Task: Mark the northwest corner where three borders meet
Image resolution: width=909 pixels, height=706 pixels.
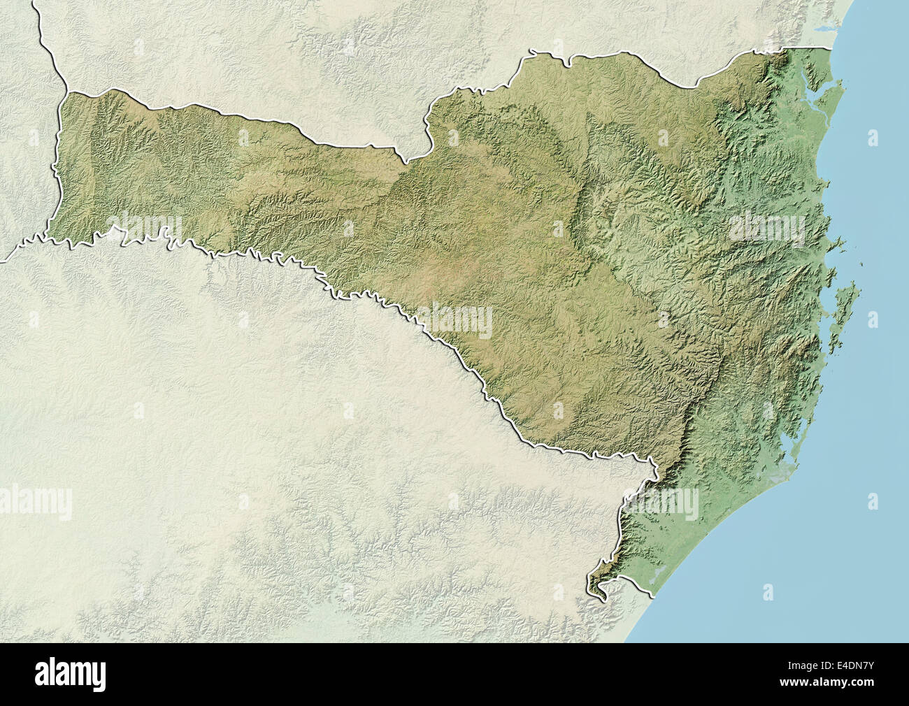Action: coord(66,92)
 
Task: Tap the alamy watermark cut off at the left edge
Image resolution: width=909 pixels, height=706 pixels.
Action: coord(35,500)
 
